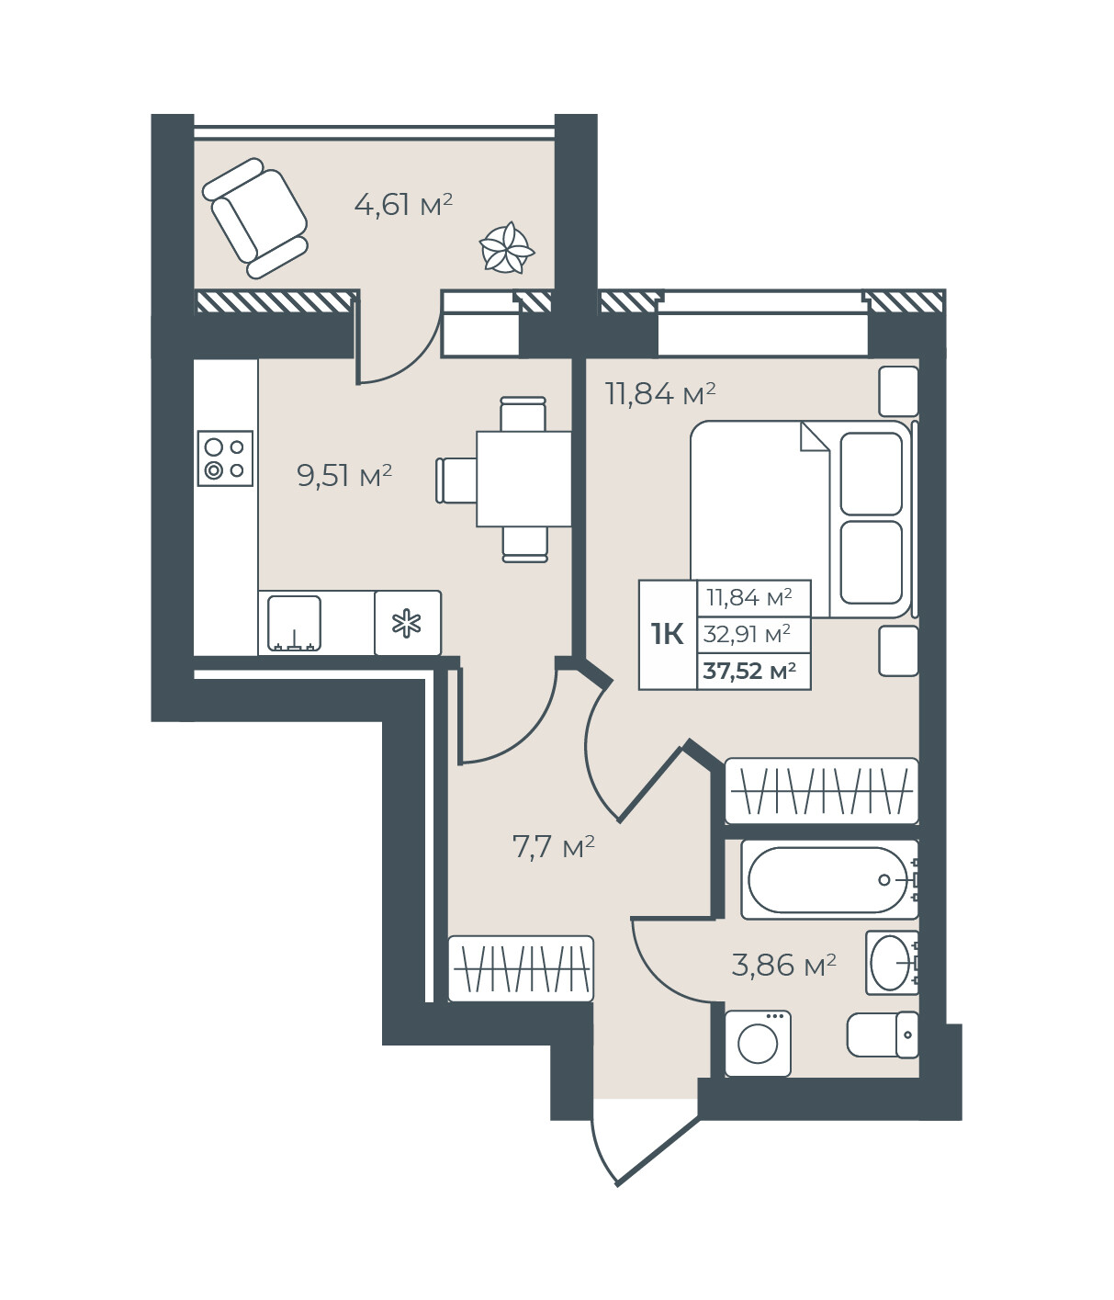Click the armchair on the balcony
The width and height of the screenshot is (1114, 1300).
click(x=254, y=218)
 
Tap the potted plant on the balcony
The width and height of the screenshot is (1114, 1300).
click(x=507, y=248)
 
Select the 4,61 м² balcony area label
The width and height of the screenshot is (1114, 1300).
click(x=403, y=204)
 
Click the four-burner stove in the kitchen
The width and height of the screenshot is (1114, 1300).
click(x=225, y=458)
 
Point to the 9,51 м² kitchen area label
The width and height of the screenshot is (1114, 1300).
click(x=344, y=476)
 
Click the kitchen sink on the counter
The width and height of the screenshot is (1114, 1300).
click(x=294, y=623)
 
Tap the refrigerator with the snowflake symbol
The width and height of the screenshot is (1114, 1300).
click(x=408, y=623)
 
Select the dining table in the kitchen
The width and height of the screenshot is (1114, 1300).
click(x=523, y=479)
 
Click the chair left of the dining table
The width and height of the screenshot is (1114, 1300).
click(x=456, y=480)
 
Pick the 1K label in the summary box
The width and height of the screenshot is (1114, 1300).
click(x=668, y=634)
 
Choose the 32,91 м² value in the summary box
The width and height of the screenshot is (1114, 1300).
click(x=747, y=634)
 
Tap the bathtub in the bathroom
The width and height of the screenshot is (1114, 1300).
click(x=829, y=880)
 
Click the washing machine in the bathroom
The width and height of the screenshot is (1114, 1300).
click(x=759, y=1044)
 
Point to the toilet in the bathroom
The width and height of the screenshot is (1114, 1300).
click(x=883, y=1034)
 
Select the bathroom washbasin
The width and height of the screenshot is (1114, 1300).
click(x=892, y=963)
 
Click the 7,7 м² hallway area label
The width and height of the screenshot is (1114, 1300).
click(x=553, y=846)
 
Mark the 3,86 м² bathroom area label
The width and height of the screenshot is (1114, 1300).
click(x=784, y=965)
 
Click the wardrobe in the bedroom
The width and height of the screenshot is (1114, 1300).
click(x=822, y=791)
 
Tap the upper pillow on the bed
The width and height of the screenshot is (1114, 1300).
click(x=872, y=473)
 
